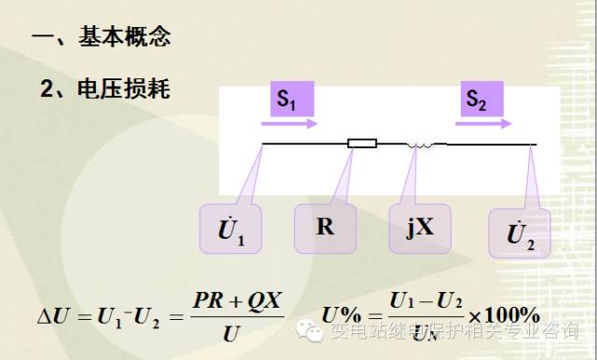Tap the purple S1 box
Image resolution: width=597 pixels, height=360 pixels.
tap(288, 99)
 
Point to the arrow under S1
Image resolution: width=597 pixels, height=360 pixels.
tap(296, 123)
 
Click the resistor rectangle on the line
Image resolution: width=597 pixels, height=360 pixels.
tap(362, 144)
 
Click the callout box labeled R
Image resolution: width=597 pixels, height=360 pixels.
tap(326, 227)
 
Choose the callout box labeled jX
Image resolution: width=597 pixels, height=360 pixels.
tap(420, 227)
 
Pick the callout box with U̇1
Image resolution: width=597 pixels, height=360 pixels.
tap(230, 230)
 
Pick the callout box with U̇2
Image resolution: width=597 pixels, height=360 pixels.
tap(520, 234)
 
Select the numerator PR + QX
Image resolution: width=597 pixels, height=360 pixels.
tap(238, 300)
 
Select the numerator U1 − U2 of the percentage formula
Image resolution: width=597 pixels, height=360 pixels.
tap(425, 300)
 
